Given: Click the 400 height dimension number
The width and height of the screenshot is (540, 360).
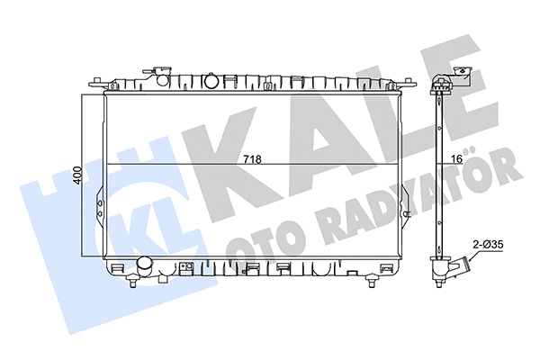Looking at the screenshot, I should click(x=77, y=175).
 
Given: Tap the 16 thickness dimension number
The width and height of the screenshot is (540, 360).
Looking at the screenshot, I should click(x=456, y=159).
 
